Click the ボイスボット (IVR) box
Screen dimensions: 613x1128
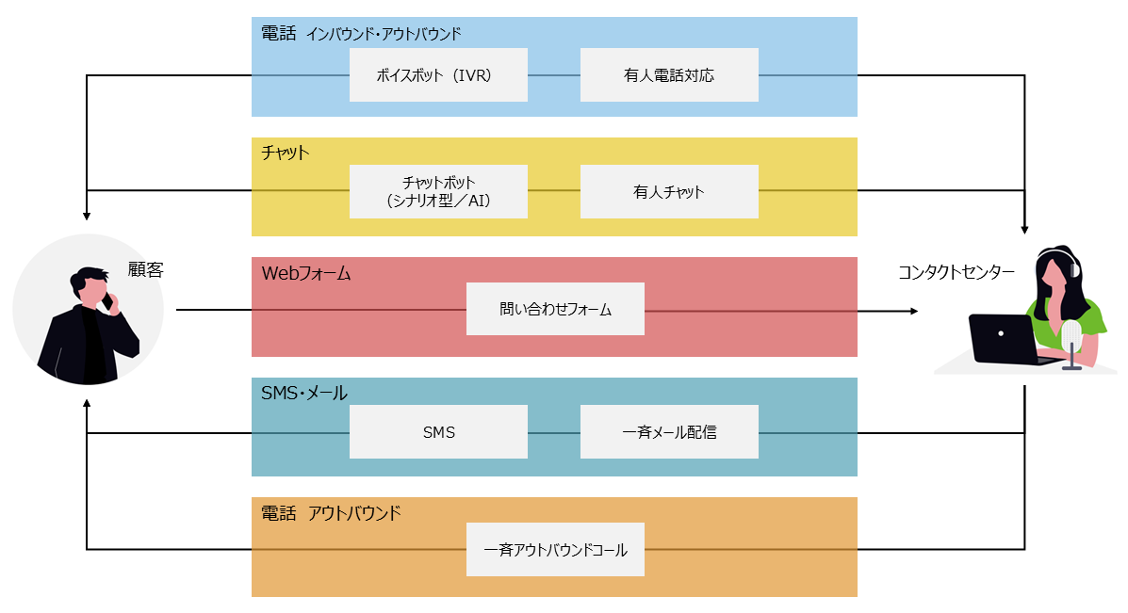pyautogui.click(x=438, y=75)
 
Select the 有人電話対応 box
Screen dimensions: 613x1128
pyautogui.click(x=669, y=75)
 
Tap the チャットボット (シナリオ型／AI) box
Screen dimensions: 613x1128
pyautogui.click(x=438, y=192)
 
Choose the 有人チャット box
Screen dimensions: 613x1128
pyautogui.click(x=669, y=192)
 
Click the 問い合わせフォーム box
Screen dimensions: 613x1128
pyautogui.click(x=555, y=309)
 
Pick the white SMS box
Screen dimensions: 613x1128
pyautogui.click(x=438, y=432)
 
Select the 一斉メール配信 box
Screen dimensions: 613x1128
pyautogui.click(x=669, y=432)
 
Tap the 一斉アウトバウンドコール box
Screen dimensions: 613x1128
pyautogui.click(x=555, y=550)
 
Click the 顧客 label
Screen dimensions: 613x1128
pyautogui.click(x=146, y=269)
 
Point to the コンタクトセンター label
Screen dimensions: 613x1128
pyautogui.click(x=956, y=273)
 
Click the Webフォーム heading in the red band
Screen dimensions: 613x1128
pyautogui.click(x=305, y=274)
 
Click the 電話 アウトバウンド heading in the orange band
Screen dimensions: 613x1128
pyautogui.click(x=330, y=513)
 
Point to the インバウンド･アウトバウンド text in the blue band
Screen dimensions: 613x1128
pyautogui.click(x=384, y=35)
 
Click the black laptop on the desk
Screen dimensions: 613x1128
pyautogui.click(x=1003, y=339)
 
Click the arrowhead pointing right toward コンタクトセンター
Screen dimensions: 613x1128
pyautogui.click(x=912, y=310)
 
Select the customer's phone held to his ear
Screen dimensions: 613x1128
pyautogui.click(x=106, y=301)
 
